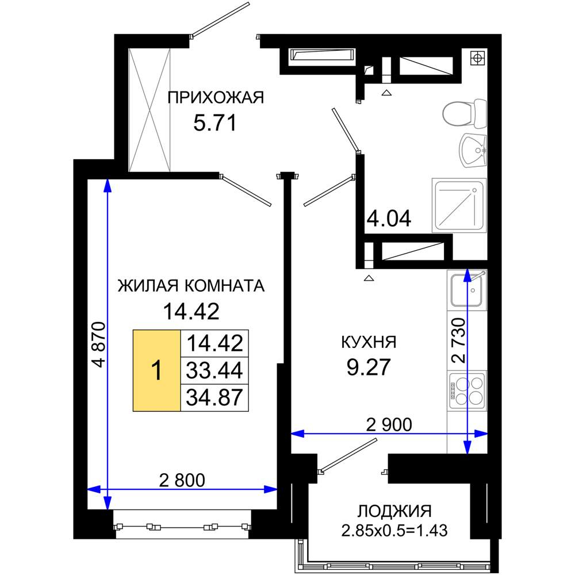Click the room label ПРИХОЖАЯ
216,98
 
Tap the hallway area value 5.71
215,123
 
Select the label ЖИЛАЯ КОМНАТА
191,286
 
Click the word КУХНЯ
369,342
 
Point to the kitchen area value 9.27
369,367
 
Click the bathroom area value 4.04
389,218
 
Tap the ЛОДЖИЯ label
394,511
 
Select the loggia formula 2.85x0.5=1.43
394,531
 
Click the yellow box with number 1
156,370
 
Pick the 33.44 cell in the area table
214,370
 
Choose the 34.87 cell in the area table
214,397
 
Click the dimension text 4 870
99,344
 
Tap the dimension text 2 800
182,480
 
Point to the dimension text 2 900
389,425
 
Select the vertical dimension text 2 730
458,340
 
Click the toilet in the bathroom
465,113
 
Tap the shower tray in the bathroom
459,205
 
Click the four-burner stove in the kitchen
467,390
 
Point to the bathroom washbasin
473,150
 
